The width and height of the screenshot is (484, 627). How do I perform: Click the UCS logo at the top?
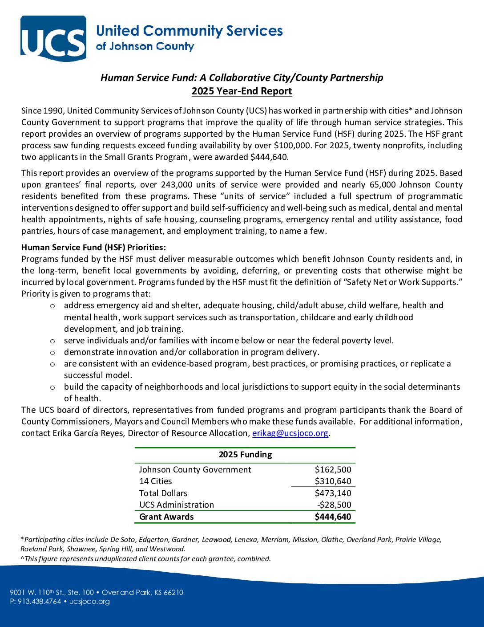tap(53, 38)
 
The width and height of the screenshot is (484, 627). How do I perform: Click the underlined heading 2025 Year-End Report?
tap(242, 91)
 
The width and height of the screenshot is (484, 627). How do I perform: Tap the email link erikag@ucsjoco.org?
tap(290, 433)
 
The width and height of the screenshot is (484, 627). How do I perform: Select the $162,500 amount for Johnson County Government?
tap(333, 469)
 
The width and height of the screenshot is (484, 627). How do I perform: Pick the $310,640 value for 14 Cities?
tap(333, 481)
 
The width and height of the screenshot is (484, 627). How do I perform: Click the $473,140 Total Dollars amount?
tap(333, 493)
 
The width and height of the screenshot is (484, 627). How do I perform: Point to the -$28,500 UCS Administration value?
tap(334, 505)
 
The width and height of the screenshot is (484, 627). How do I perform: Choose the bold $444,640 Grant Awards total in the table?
tap(333, 517)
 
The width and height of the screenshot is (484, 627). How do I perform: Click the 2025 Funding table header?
tap(245, 455)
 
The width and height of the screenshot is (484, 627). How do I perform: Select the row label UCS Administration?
tap(177, 505)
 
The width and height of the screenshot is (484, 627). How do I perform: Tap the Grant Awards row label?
tap(166, 517)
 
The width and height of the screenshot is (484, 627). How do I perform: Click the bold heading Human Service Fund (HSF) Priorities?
tap(93, 248)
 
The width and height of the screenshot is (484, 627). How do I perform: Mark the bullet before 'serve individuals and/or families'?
tap(52, 341)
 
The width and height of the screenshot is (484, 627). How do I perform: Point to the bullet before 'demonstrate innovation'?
tap(52, 352)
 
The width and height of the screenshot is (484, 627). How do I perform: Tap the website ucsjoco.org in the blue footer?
tap(89, 602)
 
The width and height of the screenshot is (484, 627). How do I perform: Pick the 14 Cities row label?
tap(155, 481)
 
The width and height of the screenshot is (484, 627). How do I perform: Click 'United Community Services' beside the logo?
tap(189, 31)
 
